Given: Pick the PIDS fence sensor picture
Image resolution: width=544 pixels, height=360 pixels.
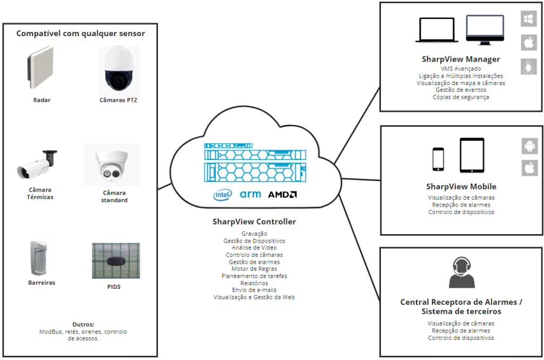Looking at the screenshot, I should point(116,261).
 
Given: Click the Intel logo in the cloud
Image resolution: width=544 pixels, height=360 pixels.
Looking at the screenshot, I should point(223,195).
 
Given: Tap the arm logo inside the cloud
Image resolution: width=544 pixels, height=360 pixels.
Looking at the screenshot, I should point(250,194).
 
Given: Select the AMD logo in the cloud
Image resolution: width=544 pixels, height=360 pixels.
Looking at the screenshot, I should point(282,194).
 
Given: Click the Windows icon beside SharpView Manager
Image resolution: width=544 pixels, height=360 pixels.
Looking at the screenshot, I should point(529,19).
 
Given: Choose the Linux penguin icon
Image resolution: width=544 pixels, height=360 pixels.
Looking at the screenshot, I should point(529,66).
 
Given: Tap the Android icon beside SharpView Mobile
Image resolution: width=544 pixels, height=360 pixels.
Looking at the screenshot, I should point(529,145).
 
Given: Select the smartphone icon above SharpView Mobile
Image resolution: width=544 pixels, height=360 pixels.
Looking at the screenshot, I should point(438,158).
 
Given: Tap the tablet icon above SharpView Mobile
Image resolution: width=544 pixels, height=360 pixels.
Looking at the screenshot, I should point(472,155).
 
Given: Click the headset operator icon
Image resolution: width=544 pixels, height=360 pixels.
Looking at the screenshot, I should point(461,272).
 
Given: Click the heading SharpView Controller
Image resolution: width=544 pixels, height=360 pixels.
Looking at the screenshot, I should point(254,221).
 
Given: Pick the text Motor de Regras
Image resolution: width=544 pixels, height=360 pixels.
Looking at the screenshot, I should point(254,269).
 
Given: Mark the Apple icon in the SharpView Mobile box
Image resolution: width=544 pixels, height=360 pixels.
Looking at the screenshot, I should point(529,168).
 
